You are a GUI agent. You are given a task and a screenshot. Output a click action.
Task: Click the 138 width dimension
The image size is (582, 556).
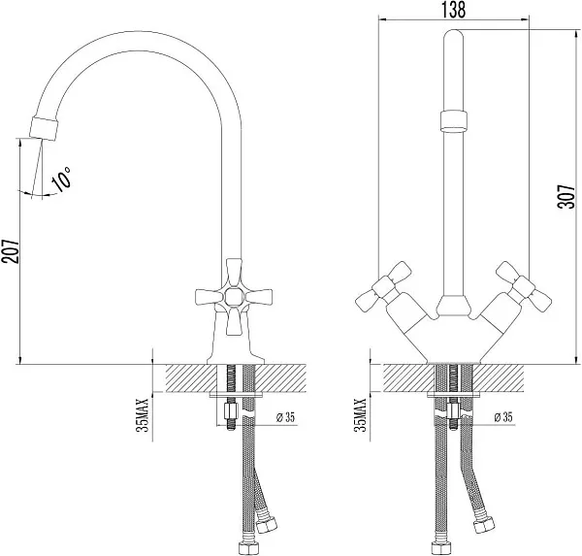tap(453, 10)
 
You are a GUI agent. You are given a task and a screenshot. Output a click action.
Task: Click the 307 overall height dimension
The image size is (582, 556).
tap(567, 196)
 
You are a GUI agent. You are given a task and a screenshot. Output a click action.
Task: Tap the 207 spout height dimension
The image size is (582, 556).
tap(10, 251)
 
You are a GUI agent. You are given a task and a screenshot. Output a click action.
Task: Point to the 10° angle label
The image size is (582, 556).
tap(61, 179)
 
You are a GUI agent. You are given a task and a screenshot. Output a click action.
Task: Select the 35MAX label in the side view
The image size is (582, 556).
tap(143, 415)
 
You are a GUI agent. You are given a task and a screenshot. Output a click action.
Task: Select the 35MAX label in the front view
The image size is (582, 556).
tap(361, 415)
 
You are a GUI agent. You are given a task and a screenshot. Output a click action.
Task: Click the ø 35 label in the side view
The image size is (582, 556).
tap(285, 417)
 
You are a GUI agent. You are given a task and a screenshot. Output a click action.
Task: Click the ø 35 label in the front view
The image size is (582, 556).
tap(502, 416)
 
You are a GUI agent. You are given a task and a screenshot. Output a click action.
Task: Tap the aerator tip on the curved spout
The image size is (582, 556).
tap(45, 128)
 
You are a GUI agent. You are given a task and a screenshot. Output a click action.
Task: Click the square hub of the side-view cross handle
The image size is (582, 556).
tap(234, 296)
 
